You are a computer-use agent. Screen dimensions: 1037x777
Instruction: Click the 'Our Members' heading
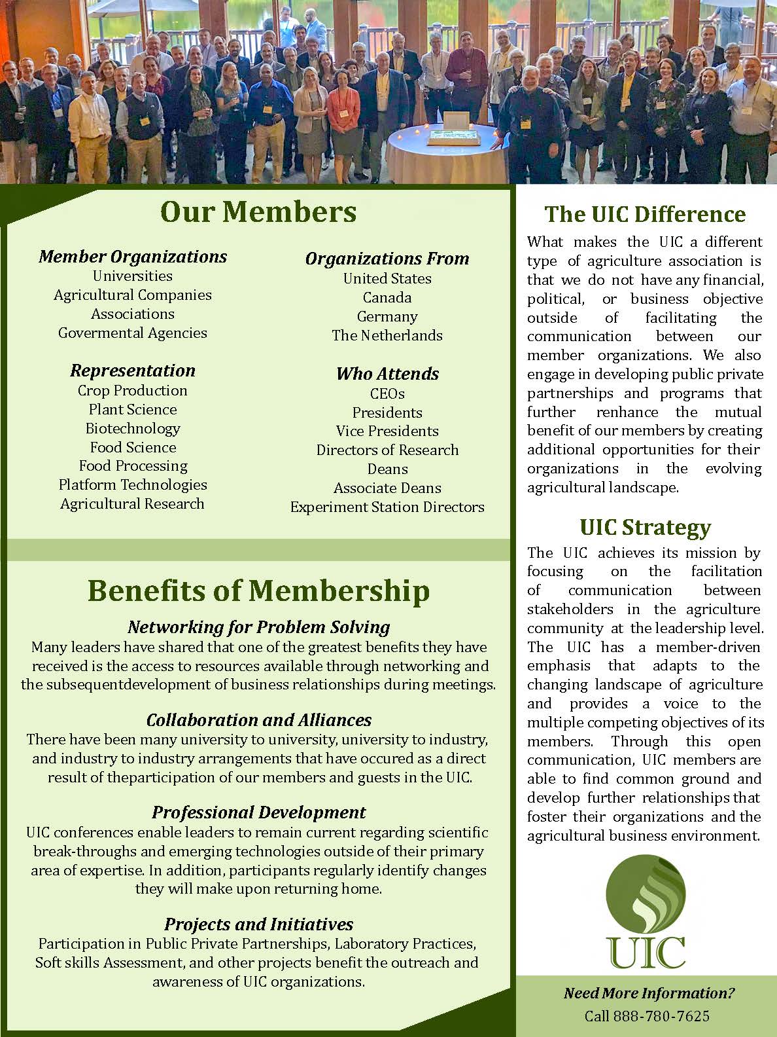pyautogui.click(x=258, y=212)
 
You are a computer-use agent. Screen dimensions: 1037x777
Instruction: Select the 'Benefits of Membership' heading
pyautogui.click(x=258, y=591)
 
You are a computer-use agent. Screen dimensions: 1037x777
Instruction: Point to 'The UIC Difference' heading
pyautogui.click(x=645, y=214)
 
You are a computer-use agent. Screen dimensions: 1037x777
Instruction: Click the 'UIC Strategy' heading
pyautogui.click(x=645, y=527)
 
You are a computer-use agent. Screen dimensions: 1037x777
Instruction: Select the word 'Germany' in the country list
pyautogui.click(x=387, y=316)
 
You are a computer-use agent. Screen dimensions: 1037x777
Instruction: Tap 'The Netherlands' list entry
pyautogui.click(x=387, y=335)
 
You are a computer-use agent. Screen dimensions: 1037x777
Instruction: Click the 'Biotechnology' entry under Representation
pyautogui.click(x=133, y=428)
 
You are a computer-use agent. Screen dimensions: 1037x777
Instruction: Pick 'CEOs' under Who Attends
pyautogui.click(x=387, y=393)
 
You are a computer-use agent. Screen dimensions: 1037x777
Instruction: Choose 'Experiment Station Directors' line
pyautogui.click(x=387, y=507)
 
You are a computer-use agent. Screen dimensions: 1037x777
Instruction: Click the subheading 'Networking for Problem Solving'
pyautogui.click(x=258, y=627)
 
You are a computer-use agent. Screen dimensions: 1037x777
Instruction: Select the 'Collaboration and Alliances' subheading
pyautogui.click(x=258, y=720)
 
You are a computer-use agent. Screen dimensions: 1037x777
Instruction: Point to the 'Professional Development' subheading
pyautogui.click(x=258, y=812)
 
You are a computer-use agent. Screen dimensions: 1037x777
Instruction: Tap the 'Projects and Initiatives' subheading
pyautogui.click(x=258, y=924)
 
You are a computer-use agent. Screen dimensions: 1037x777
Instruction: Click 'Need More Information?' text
pyautogui.click(x=649, y=993)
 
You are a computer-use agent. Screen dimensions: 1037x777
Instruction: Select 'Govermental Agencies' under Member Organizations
pyautogui.click(x=133, y=333)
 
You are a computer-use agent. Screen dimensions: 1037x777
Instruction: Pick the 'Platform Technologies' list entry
pyautogui.click(x=133, y=484)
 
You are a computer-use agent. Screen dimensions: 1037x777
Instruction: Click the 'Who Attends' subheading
pyautogui.click(x=387, y=374)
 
